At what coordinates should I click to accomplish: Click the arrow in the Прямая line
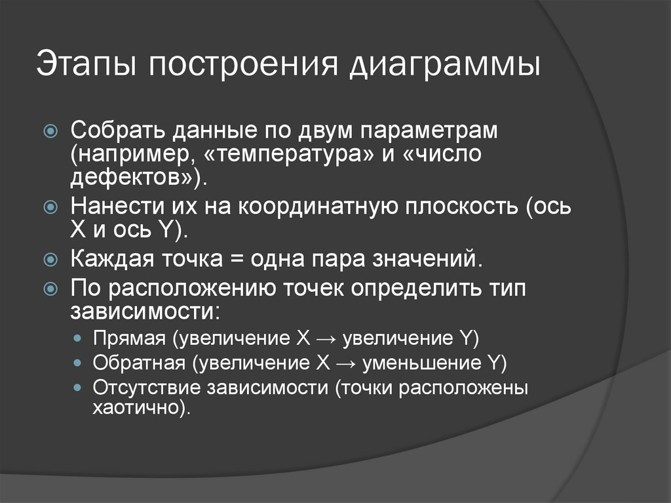tap(325, 340)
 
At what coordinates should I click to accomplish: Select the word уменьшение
tap(423, 363)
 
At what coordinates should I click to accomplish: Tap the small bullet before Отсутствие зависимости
tap(79, 388)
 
